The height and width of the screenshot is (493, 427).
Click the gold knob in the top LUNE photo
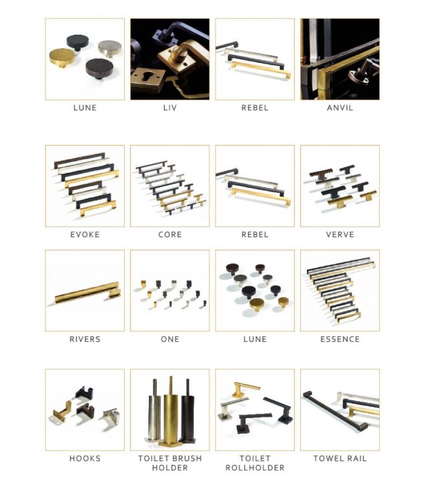coord(62,57)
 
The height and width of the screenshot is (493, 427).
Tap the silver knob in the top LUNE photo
coord(110,48)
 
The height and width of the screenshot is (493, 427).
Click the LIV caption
coord(170,108)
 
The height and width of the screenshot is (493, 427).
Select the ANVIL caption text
coord(340,108)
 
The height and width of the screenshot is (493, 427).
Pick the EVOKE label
coord(85,234)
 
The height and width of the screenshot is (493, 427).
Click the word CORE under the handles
coord(170,234)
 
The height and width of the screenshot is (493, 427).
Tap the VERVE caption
coord(340,234)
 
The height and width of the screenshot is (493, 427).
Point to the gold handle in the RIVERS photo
coord(87,293)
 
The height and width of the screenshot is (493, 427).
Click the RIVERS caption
coord(85,339)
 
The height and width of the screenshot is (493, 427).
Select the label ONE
coord(170,339)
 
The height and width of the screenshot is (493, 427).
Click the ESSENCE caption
coord(340,339)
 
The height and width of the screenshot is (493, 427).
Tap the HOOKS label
coord(85,458)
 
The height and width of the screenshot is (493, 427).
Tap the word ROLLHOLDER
coord(255,468)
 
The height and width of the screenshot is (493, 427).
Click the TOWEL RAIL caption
coord(340,458)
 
